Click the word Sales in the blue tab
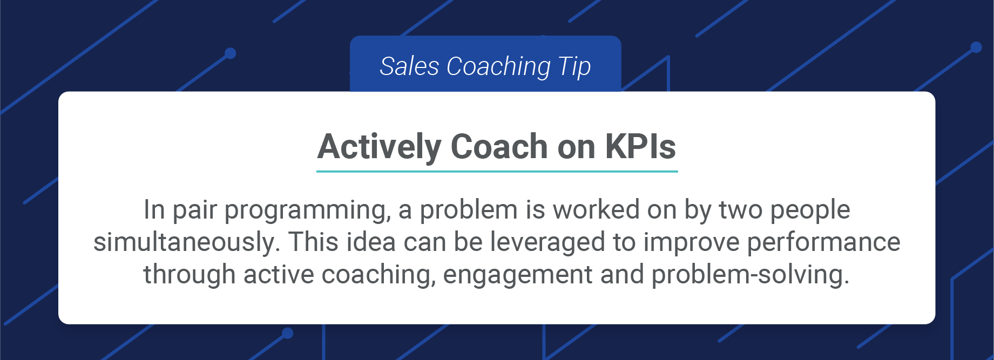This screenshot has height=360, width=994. [x=409, y=66]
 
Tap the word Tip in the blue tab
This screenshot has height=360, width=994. [x=574, y=66]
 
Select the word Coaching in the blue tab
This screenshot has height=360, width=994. [x=498, y=66]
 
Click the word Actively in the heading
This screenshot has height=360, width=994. [x=380, y=147]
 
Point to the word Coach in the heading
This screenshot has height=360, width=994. [x=499, y=147]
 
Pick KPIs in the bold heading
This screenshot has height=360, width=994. [x=640, y=147]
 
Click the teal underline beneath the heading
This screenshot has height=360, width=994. [x=497, y=171]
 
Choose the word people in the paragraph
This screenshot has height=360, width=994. [x=810, y=210]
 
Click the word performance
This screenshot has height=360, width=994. [x=823, y=242]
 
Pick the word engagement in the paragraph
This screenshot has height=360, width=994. [x=517, y=275]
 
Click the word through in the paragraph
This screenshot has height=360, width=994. [x=189, y=275]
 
